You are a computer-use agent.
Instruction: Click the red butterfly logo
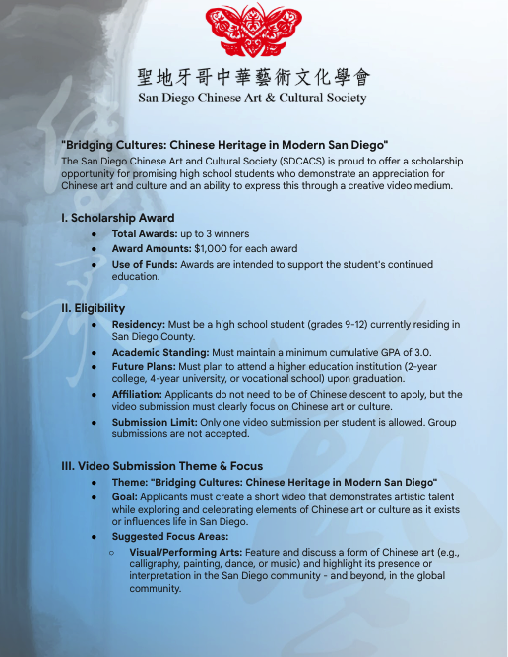click(x=253, y=31)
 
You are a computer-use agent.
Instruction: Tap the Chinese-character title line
click(x=253, y=77)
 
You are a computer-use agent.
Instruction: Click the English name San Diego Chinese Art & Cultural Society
click(x=253, y=99)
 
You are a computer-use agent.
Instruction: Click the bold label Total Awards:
click(x=144, y=234)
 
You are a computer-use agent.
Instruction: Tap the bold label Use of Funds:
click(x=147, y=264)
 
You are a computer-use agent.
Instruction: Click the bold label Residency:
click(x=139, y=324)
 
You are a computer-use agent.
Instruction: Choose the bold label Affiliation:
click(x=142, y=394)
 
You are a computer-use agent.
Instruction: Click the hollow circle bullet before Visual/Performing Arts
click(x=112, y=552)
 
